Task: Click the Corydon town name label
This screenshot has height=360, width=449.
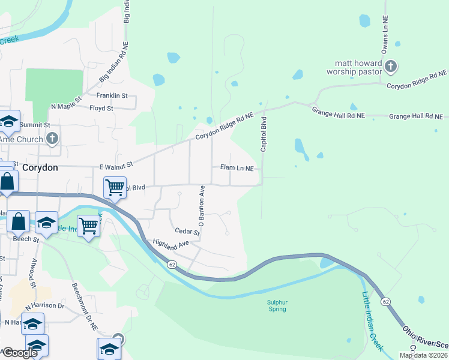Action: [40, 168]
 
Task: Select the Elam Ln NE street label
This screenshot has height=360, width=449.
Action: [237, 168]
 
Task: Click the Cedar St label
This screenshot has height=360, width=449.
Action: [187, 231]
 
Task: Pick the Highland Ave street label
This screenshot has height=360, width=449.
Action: [171, 244]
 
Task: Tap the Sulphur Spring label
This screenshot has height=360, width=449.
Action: [276, 306]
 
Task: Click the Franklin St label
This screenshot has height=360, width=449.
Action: [113, 95]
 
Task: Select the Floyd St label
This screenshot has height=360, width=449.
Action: [101, 109]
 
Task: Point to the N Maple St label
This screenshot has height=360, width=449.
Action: [66, 103]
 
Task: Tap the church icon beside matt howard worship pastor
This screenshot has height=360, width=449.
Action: [390, 66]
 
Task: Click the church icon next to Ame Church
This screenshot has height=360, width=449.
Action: [52, 139]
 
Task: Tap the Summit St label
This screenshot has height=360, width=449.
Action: [34, 125]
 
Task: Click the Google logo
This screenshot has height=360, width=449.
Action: [20, 353]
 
